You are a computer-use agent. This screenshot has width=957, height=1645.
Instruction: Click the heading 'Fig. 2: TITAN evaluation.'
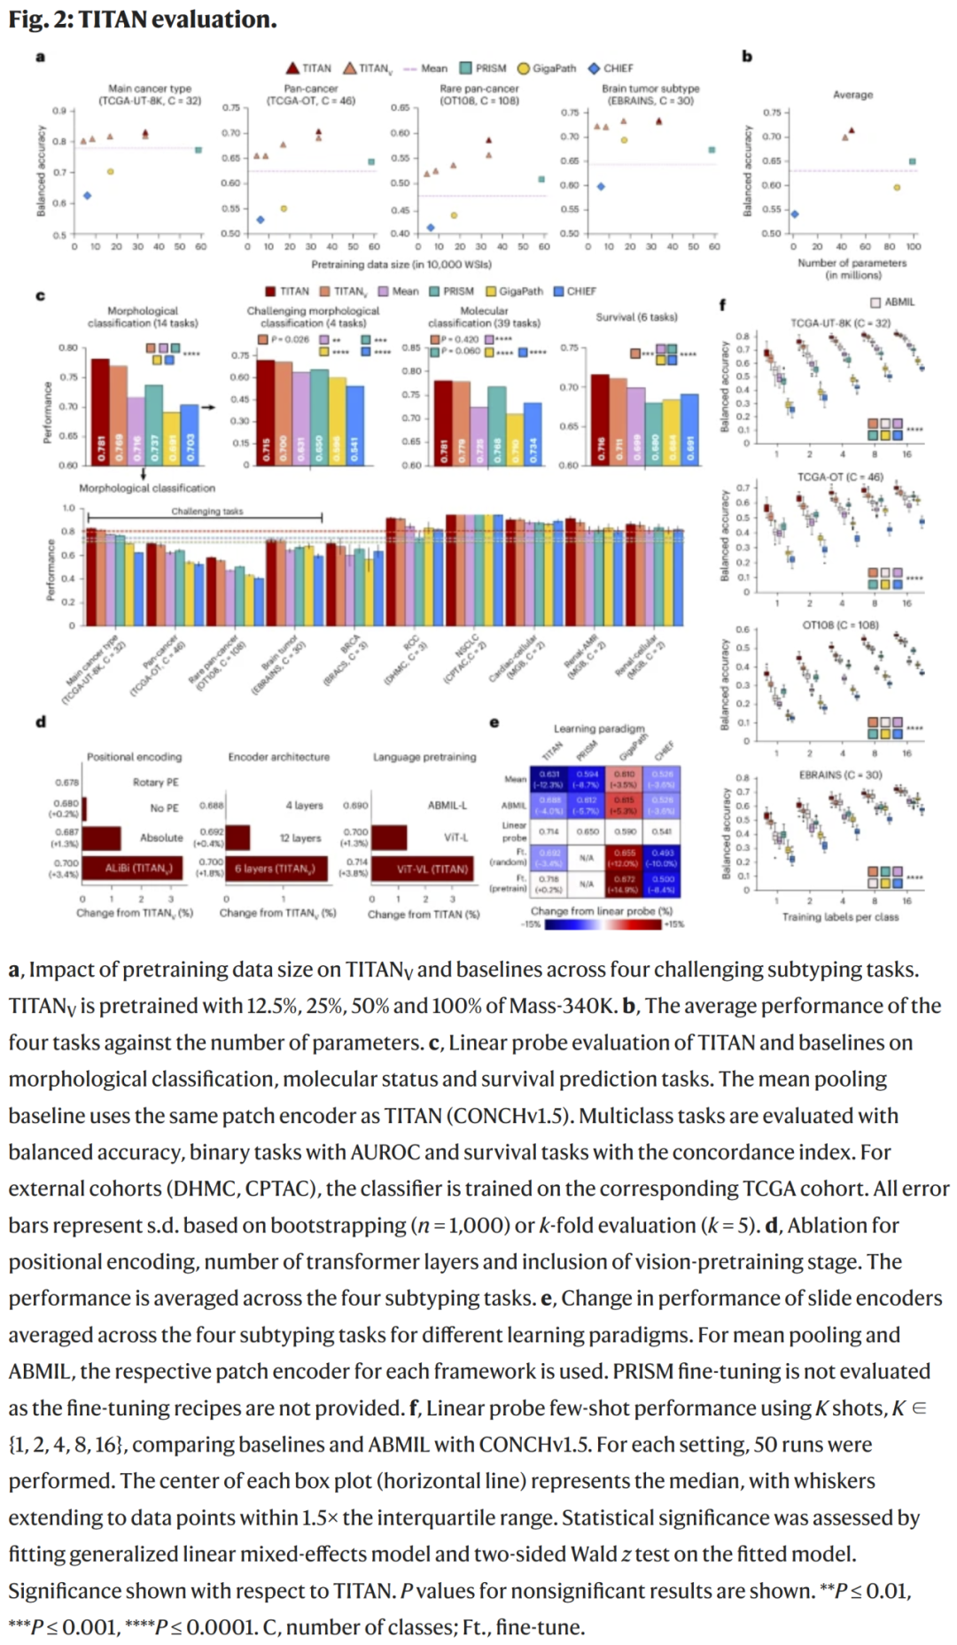click(143, 19)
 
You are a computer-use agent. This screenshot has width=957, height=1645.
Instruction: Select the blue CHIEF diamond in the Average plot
click(794, 214)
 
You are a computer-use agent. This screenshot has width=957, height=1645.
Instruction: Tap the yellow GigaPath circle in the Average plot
click(897, 187)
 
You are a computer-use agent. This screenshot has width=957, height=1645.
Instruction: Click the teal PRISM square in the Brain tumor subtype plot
click(712, 150)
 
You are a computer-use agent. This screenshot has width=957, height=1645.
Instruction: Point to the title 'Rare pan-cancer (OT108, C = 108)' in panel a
click(478, 94)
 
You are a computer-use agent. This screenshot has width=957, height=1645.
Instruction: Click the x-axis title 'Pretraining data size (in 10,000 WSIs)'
click(401, 264)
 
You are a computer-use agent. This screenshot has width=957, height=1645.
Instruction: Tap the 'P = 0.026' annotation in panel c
click(284, 339)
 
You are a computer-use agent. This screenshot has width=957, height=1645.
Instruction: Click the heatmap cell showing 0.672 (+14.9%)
click(626, 883)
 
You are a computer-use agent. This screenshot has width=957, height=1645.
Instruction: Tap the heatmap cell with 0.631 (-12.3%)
click(549, 779)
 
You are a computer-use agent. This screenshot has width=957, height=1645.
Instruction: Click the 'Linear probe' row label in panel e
click(514, 831)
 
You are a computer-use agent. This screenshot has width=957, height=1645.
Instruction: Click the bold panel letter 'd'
click(41, 721)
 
